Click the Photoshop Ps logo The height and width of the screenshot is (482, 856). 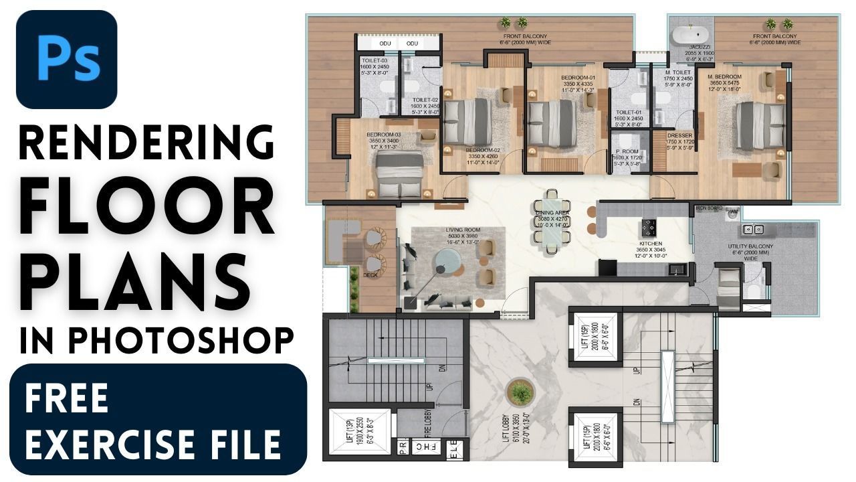[x=66, y=60]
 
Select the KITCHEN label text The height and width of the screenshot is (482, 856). [x=651, y=244]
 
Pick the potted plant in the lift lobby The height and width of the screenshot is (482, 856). [x=519, y=393]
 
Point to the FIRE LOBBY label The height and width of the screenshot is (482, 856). [x=427, y=424]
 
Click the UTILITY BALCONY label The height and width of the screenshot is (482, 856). [x=750, y=247]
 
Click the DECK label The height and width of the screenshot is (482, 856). [x=370, y=275]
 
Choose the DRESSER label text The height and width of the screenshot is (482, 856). [x=679, y=135]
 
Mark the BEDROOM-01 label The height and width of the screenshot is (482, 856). [x=578, y=78]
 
